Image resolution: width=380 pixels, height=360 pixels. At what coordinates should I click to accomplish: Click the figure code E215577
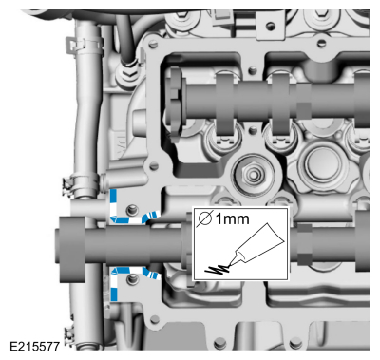(x=34, y=346)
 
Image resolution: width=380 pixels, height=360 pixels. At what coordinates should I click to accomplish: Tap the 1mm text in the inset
(x=232, y=218)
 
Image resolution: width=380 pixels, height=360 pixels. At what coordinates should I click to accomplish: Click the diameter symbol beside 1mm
(x=204, y=218)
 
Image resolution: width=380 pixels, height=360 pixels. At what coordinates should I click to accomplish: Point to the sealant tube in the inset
(x=256, y=245)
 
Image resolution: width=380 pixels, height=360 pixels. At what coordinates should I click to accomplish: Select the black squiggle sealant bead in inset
(x=218, y=270)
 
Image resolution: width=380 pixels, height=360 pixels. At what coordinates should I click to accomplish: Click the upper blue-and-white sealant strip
(x=126, y=219)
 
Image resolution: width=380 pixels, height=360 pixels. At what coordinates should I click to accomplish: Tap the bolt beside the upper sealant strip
(x=132, y=210)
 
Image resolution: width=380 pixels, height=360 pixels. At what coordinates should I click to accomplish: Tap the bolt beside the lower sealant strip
(x=132, y=279)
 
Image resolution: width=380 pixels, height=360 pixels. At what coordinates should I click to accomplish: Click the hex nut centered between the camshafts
(x=253, y=174)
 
